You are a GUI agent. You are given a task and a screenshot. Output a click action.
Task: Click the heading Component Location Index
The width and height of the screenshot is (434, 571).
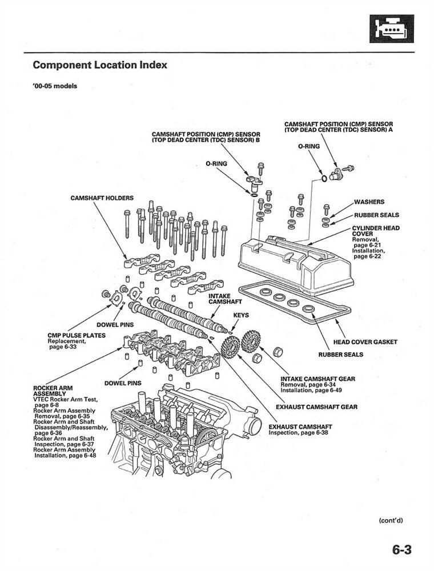point(100,65)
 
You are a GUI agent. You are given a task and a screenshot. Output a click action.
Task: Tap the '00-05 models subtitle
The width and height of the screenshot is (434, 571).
point(55,87)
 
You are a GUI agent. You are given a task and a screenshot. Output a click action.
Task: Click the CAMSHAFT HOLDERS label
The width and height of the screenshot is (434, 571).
point(102,198)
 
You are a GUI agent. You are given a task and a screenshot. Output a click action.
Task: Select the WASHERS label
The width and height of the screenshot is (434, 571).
point(369,202)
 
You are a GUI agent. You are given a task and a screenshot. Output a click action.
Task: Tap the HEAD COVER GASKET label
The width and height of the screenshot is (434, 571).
point(365,342)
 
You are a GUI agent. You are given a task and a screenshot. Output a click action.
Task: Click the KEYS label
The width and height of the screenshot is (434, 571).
point(240,315)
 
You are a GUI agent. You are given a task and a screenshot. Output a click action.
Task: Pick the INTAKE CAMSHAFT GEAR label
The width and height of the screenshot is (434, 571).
point(318,379)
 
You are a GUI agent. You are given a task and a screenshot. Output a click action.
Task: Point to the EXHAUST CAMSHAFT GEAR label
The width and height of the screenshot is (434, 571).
point(316,407)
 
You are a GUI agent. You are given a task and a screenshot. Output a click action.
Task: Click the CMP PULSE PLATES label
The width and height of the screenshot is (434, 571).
point(77,335)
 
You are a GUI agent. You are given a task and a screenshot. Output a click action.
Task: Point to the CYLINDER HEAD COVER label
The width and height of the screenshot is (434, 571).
point(375,231)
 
